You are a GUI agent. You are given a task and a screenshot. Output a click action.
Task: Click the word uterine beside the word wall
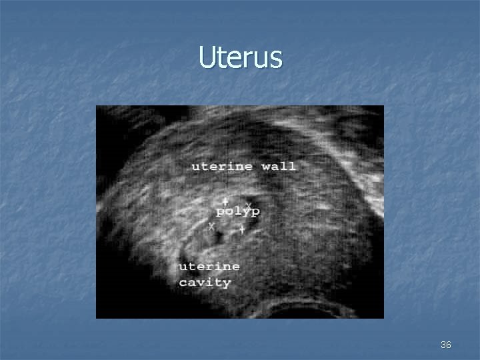pyautogui.click(x=222, y=166)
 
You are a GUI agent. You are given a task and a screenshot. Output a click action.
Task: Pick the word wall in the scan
pyautogui.click(x=279, y=166)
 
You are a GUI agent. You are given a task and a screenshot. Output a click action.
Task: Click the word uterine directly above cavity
pyautogui.click(x=209, y=266)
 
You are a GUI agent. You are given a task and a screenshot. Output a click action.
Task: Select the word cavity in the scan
pyautogui.click(x=205, y=283)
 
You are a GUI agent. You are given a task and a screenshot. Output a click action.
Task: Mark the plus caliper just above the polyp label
pyautogui.click(x=225, y=201)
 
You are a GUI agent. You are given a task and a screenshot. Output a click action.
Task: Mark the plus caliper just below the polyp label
pyautogui.click(x=242, y=229)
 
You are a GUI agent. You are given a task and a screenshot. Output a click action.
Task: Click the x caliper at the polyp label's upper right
pyautogui.click(x=249, y=205)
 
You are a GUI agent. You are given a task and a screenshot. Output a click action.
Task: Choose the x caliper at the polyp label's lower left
pyautogui.click(x=212, y=227)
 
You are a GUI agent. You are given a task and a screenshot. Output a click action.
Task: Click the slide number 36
pyautogui.click(x=446, y=345)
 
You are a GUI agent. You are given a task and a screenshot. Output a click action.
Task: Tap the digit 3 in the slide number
pyautogui.click(x=443, y=345)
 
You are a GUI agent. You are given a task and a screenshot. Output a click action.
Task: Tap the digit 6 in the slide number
pyautogui.click(x=449, y=345)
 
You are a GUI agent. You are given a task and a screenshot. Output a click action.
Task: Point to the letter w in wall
pyautogui.click(x=267, y=167)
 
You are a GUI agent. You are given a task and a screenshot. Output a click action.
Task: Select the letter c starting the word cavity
pyautogui.click(x=183, y=283)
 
